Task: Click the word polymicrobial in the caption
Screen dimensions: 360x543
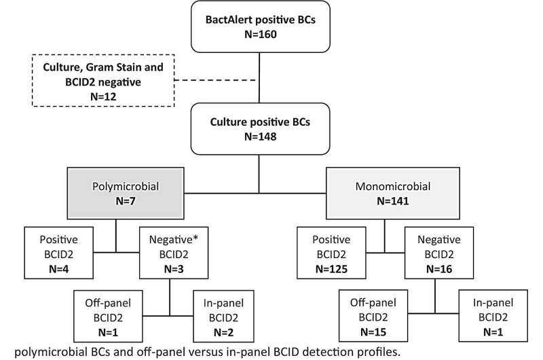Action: pos(64,350)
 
